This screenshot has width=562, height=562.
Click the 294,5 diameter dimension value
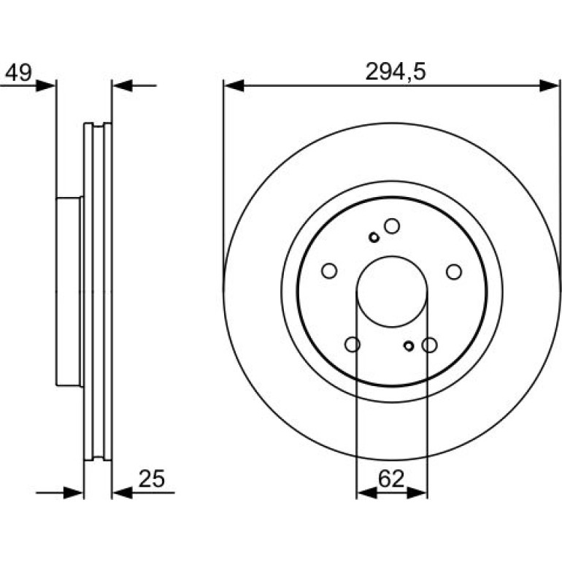(x=396, y=72)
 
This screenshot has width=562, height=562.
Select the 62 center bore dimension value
(x=391, y=479)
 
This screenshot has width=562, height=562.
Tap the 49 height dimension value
(x=19, y=72)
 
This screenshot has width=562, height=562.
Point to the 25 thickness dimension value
(x=152, y=479)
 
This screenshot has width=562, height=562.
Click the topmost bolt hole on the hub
(x=392, y=226)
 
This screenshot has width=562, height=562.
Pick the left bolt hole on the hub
(x=329, y=271)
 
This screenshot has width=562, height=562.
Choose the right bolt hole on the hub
(x=454, y=272)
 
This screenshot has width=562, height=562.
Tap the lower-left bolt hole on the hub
(x=353, y=344)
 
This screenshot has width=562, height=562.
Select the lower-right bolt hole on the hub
(x=429, y=344)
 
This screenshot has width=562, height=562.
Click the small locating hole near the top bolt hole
(x=374, y=237)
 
